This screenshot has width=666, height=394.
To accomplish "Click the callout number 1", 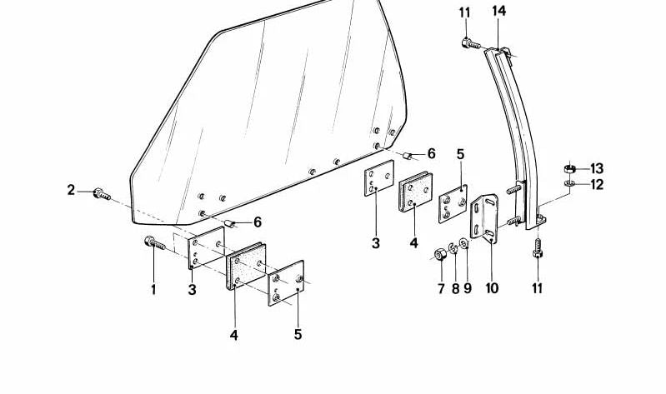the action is pyautogui.click(x=153, y=290).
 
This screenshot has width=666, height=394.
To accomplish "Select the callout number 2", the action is pyautogui.click(x=71, y=190).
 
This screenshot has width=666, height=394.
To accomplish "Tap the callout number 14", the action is pyautogui.click(x=499, y=11).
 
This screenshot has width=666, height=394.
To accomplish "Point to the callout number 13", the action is pyautogui.click(x=597, y=168).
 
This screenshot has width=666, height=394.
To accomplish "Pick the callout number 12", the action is pyautogui.click(x=597, y=185).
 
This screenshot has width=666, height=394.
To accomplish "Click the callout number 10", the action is pyautogui.click(x=492, y=288).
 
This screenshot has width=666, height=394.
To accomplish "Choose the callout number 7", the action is pyautogui.click(x=441, y=289).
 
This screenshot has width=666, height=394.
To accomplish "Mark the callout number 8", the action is pyautogui.click(x=455, y=289).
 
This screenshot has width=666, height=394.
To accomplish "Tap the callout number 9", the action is pyautogui.click(x=468, y=289).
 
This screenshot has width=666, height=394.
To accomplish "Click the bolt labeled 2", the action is pyautogui.click(x=102, y=194).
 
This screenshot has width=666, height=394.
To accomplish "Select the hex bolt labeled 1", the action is pyautogui.click(x=154, y=243).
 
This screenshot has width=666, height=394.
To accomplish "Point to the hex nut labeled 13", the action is pyautogui.click(x=569, y=168).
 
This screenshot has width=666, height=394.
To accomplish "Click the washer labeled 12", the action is pyautogui.click(x=569, y=183).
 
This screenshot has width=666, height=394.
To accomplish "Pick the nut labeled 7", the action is pyautogui.click(x=440, y=254).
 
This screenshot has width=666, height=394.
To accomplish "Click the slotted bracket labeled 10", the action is pyautogui.click(x=484, y=218).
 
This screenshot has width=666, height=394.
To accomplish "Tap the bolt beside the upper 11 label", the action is pyautogui.click(x=471, y=43).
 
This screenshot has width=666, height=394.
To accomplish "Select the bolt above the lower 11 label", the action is pyautogui.click(x=538, y=248).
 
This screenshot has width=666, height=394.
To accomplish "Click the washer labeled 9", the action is pyautogui.click(x=463, y=243).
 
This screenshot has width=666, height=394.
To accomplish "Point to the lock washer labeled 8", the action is pyautogui.click(x=453, y=248).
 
